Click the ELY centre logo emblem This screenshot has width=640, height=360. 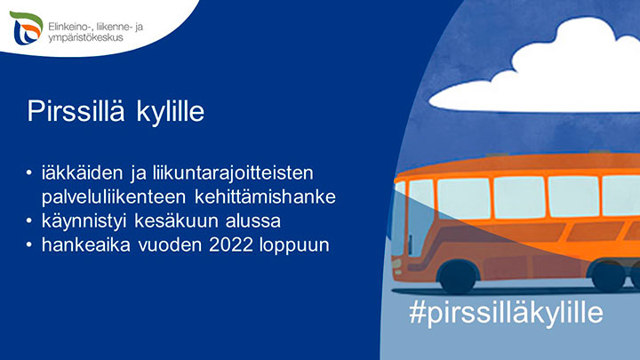(x=26, y=28)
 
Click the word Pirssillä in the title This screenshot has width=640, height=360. (x=76, y=110)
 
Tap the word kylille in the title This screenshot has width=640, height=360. (x=170, y=112)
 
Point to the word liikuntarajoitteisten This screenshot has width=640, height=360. (x=233, y=173)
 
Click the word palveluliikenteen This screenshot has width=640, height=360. (x=114, y=197)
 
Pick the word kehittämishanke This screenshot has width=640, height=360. (x=265, y=196)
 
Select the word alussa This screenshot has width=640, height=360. (x=253, y=221)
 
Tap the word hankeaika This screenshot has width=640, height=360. (x=85, y=245)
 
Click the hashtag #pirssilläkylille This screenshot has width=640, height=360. (x=506, y=313)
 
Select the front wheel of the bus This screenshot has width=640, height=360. (x=458, y=276)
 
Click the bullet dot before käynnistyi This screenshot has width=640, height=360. (x=28, y=221)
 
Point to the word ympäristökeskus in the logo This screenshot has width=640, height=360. (x=85, y=38)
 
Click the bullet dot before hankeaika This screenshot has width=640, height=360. (x=28, y=245)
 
